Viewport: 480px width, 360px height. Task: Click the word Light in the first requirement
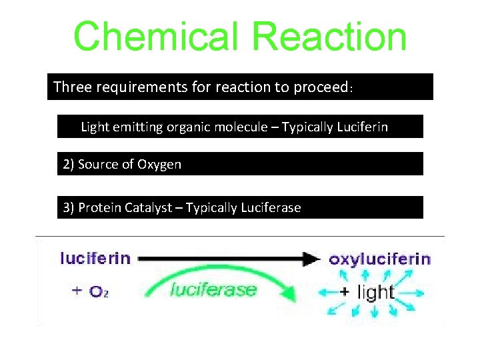click(x=94, y=127)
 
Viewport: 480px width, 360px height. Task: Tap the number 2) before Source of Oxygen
click(x=69, y=164)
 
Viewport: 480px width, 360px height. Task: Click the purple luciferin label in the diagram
click(x=95, y=257)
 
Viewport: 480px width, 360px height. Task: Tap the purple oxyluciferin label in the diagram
click(x=379, y=259)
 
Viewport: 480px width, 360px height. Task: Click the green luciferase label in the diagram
click(x=213, y=289)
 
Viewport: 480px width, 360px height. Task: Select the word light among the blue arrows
click(x=376, y=292)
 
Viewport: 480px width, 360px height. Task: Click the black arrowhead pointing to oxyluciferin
click(x=311, y=259)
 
